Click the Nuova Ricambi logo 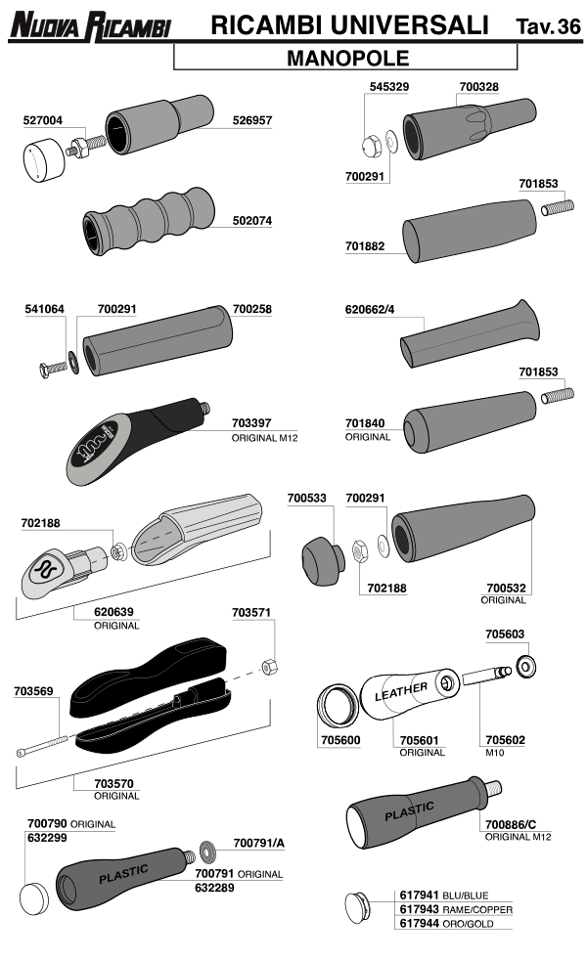(x=89, y=26)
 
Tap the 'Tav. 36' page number (x=548, y=26)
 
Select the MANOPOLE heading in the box (x=347, y=59)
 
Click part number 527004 (x=43, y=120)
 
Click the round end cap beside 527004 (x=44, y=159)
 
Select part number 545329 (x=389, y=86)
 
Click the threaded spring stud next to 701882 (x=558, y=207)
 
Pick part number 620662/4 (x=370, y=309)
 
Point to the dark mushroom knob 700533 (x=323, y=561)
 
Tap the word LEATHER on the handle (x=401, y=691)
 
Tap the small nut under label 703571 (x=269, y=667)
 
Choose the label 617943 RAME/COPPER (x=456, y=909)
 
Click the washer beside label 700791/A (x=207, y=850)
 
